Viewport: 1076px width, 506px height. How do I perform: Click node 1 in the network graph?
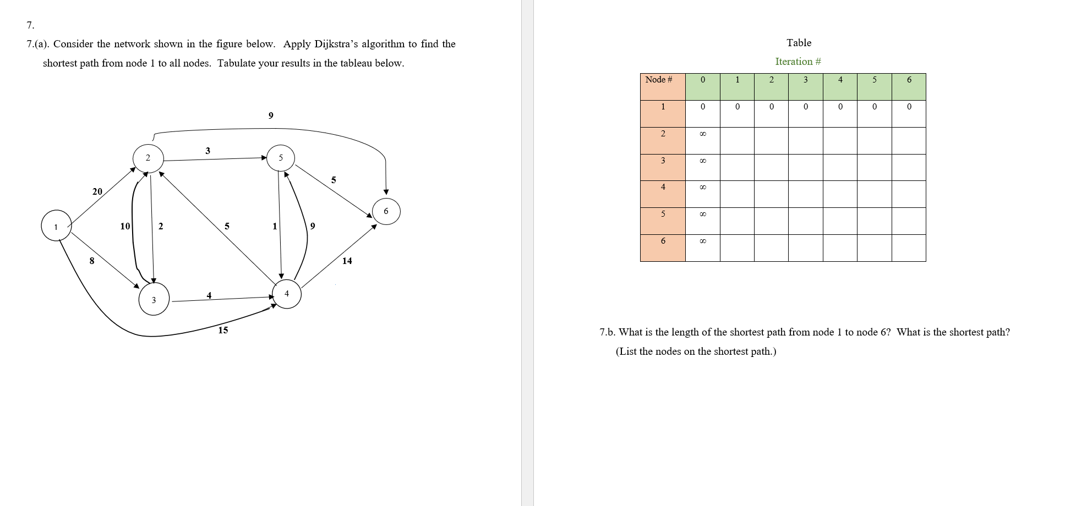(56, 226)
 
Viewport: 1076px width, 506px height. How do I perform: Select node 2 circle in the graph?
(148, 158)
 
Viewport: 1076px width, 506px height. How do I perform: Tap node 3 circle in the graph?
(154, 300)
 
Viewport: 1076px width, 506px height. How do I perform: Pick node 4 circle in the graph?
(287, 294)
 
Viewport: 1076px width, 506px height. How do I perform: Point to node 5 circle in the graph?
(281, 158)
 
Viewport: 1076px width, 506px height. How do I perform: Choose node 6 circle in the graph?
(386, 211)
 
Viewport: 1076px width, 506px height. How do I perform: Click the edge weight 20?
(97, 191)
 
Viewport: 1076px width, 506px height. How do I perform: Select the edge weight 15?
(223, 330)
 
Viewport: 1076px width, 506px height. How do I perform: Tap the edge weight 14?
(347, 261)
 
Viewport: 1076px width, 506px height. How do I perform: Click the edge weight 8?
(92, 261)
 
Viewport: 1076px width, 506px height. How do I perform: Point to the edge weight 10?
(125, 226)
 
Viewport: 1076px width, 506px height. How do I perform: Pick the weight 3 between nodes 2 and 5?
(207, 151)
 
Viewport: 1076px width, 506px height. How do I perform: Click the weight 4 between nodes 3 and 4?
(209, 295)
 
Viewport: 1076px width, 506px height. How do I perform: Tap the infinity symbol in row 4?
(702, 188)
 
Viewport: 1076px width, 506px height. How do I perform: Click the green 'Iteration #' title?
(798, 62)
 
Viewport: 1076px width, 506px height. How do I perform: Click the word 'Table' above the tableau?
(799, 43)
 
